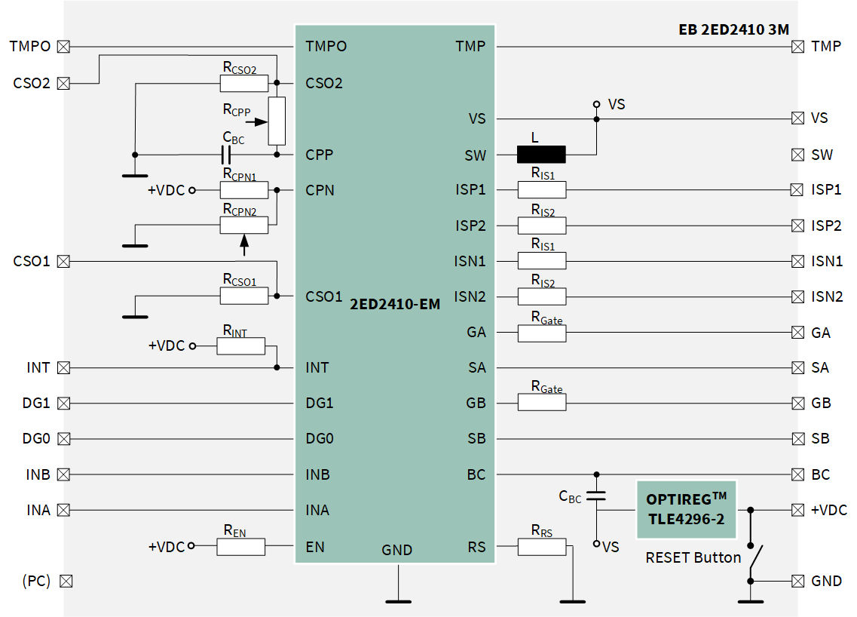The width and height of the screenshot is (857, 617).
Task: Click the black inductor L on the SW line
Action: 541,155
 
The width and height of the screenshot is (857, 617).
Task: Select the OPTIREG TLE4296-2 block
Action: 686,510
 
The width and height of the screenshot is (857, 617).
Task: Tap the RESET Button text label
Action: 693,558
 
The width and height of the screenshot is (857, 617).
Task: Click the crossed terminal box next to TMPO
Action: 64,47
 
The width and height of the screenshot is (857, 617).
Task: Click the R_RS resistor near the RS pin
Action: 541,547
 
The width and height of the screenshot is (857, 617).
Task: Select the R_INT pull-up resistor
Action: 240,345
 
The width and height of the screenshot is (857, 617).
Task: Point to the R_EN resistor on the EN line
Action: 240,547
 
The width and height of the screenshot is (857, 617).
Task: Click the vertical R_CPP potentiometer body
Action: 277,121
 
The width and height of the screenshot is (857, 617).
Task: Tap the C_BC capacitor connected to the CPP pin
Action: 226,155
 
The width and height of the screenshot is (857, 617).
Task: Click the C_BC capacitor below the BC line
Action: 596,496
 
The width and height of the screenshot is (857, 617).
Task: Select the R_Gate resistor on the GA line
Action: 541,333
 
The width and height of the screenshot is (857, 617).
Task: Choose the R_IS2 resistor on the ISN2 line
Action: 541,296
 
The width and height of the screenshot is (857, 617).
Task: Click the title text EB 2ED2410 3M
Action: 733,30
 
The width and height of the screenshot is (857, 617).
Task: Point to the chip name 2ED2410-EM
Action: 395,305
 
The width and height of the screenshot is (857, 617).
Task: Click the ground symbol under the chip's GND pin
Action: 398,600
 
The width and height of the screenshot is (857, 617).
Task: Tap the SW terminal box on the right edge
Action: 797,155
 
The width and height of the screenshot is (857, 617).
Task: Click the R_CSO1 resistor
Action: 243,296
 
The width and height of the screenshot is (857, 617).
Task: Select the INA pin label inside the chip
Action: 317,511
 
